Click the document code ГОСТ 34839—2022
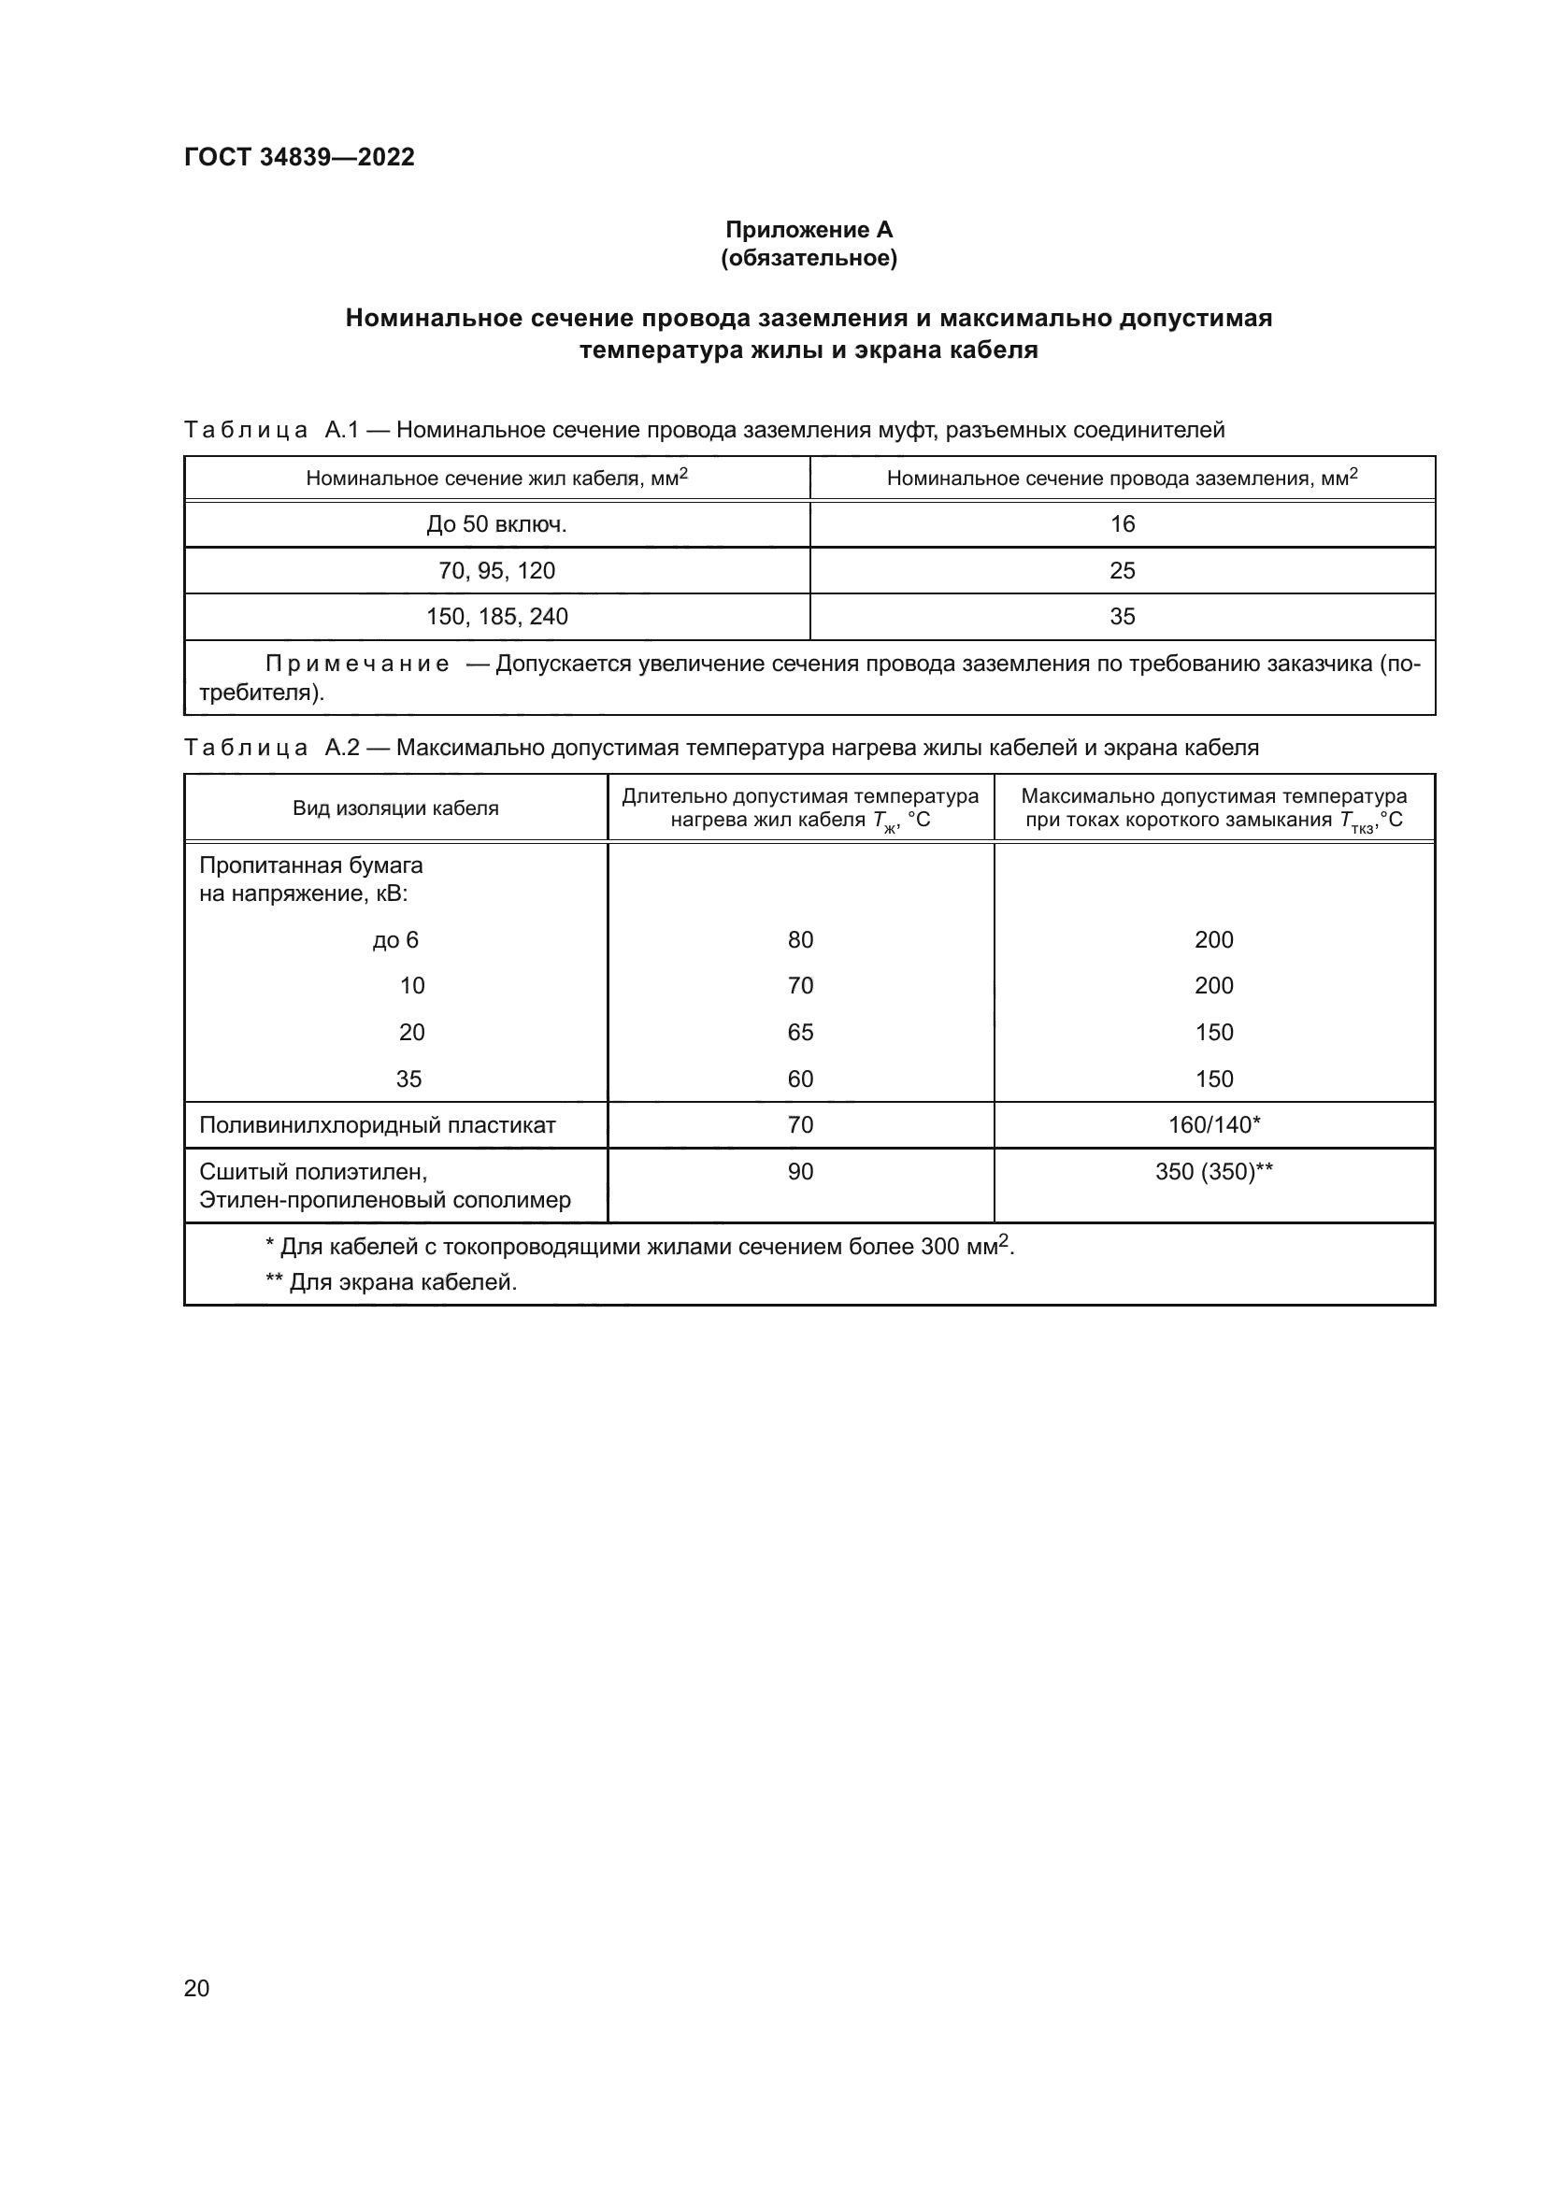tap(299, 157)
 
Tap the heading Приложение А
tap(809, 230)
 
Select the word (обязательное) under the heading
tap(809, 258)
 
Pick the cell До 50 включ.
tap(496, 523)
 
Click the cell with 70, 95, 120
tap(496, 570)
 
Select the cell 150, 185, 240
tap(496, 616)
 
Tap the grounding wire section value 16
tap(1123, 523)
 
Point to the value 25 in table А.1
tap(1123, 570)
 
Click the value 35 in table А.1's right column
tap(1123, 616)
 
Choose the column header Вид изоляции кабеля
tap(395, 808)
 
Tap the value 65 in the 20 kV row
tap(800, 1032)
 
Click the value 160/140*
tap(1214, 1124)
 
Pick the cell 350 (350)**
tap(1214, 1171)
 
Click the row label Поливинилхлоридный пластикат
tap(377, 1124)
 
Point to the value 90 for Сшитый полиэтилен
tap(800, 1171)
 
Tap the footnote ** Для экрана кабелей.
tap(391, 1281)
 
